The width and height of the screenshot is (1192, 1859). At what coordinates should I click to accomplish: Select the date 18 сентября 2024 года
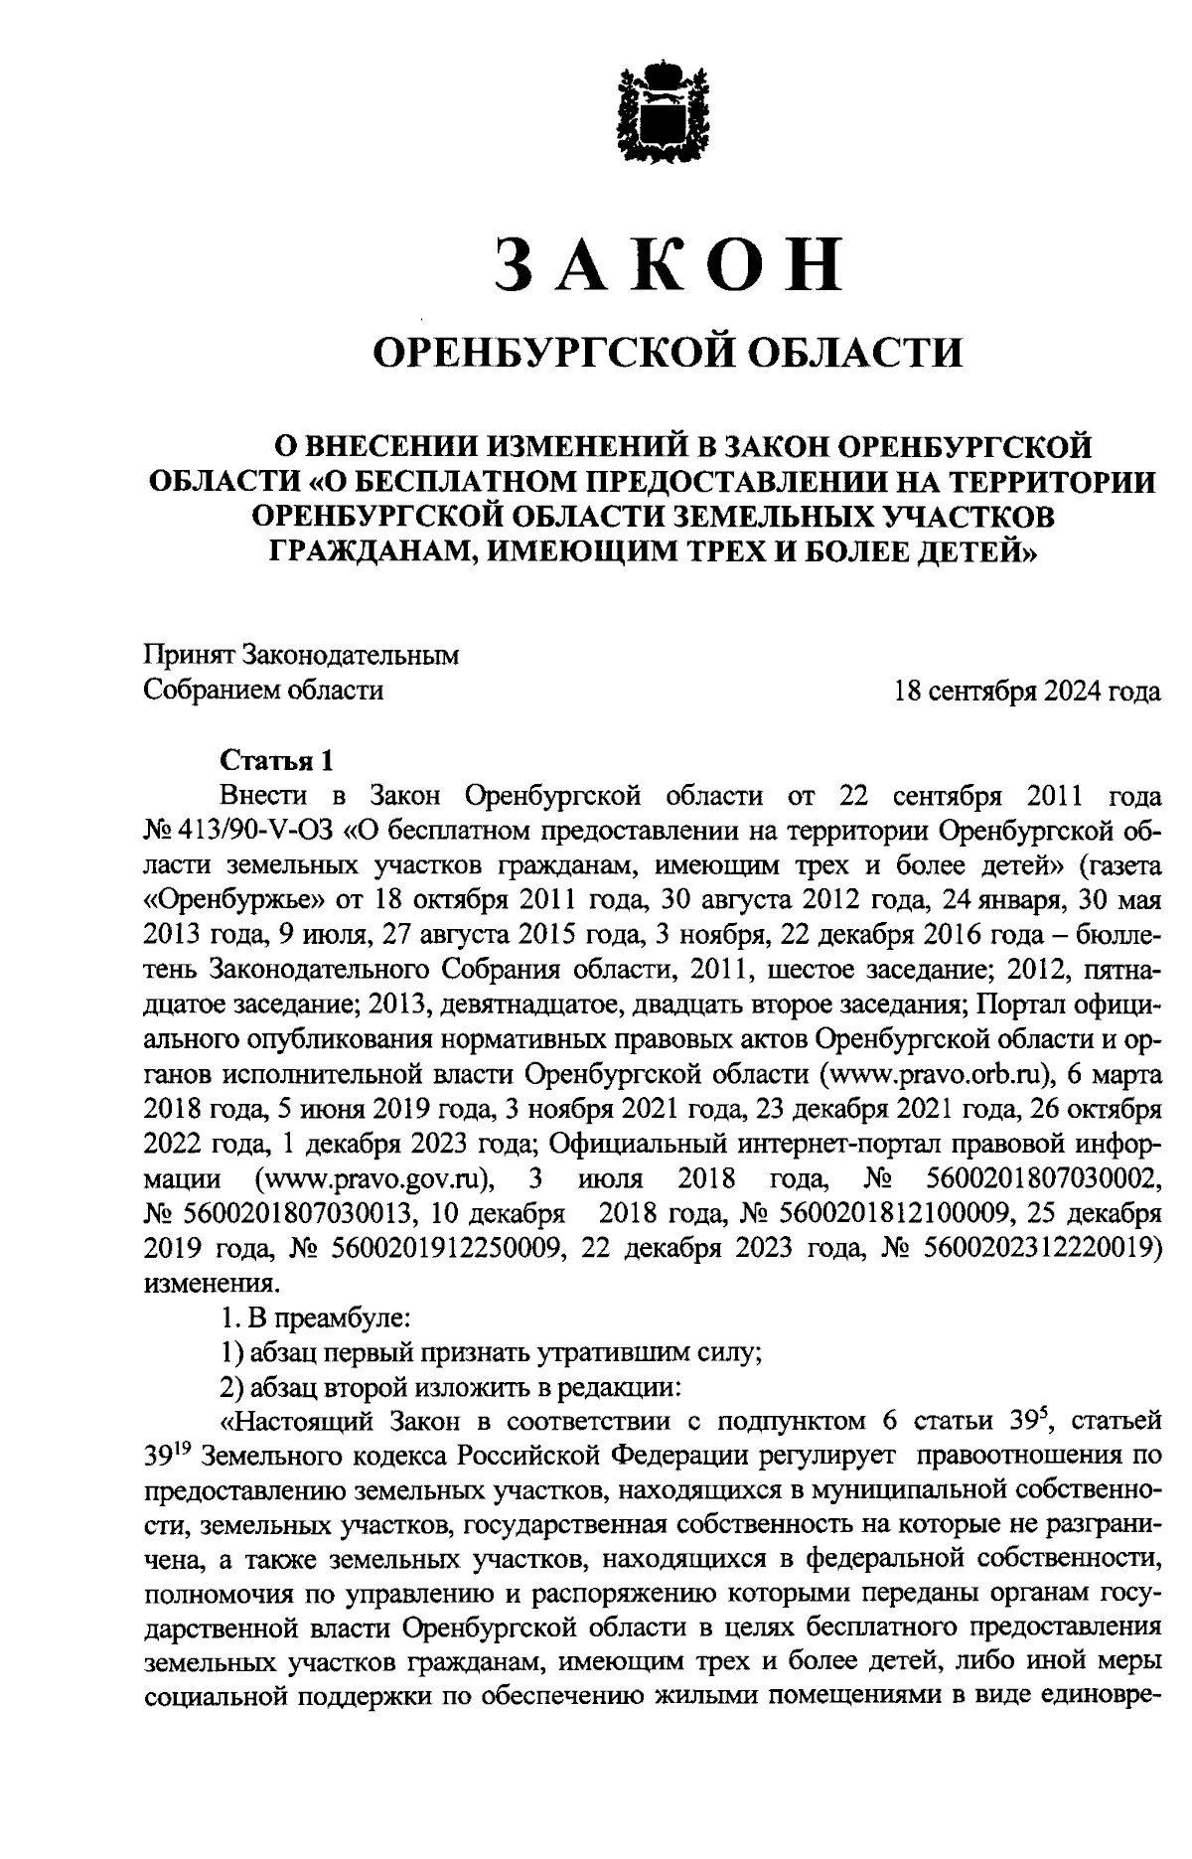tap(1027, 691)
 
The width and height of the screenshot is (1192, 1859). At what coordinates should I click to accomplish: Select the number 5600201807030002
tap(1042, 1179)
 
